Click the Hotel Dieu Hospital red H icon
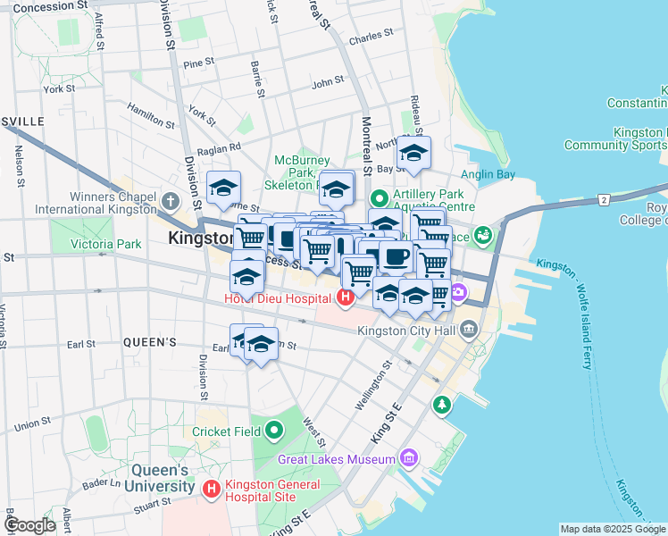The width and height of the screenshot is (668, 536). [x=345, y=297]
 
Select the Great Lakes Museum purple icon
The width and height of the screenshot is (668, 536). [x=409, y=458]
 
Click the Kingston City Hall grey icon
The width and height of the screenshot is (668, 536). [x=470, y=331]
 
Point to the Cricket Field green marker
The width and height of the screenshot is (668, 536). [x=274, y=431]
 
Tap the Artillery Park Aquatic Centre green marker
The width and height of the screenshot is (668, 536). [x=380, y=197]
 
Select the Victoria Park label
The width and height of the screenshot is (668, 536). [x=105, y=243]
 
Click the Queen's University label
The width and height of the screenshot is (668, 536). [x=161, y=478]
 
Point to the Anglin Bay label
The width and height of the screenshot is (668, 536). [x=488, y=175]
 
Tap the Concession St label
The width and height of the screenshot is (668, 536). [x=51, y=6]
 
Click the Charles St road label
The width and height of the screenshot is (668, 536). [x=371, y=38]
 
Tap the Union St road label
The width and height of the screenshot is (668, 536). [x=32, y=423]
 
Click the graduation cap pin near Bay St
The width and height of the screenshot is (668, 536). [x=413, y=153]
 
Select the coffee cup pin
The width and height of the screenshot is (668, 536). [x=396, y=257]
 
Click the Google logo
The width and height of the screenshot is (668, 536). [x=29, y=525]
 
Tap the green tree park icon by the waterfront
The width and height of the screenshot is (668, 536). [x=441, y=406]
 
